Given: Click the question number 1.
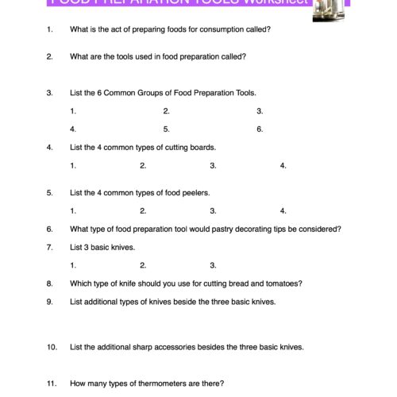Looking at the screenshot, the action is coord(49,29).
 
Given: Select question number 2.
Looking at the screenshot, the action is coord(49,56).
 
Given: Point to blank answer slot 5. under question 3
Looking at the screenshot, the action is coord(167,129).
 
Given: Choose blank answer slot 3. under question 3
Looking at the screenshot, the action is coord(260,111).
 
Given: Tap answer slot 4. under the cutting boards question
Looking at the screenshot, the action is coord(283,166).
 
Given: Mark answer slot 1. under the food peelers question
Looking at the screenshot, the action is coord(73,211).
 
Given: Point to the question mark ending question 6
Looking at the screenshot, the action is coord(340,229).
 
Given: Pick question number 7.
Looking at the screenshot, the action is coord(49,247).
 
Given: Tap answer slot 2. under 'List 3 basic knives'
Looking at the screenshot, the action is coord(143,265).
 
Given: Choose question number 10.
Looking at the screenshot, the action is coord(52,347).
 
